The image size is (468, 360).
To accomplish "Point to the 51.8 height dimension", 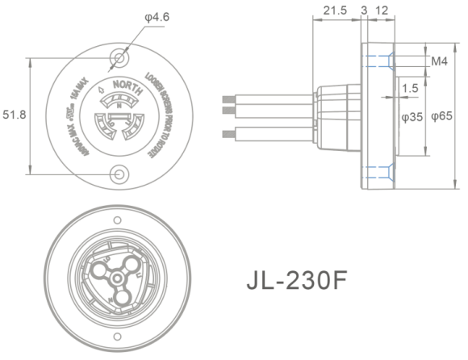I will [15, 115].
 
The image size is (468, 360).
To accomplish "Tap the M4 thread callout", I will [440, 61].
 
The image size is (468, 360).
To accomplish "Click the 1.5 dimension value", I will [409, 87].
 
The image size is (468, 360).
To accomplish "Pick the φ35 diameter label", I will [414, 116].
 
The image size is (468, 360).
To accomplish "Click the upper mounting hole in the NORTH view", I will [120, 58].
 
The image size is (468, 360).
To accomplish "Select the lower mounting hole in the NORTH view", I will [120, 173].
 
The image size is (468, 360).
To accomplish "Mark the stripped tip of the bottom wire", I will [225, 133].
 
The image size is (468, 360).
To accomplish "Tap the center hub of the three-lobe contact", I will [116, 277].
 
